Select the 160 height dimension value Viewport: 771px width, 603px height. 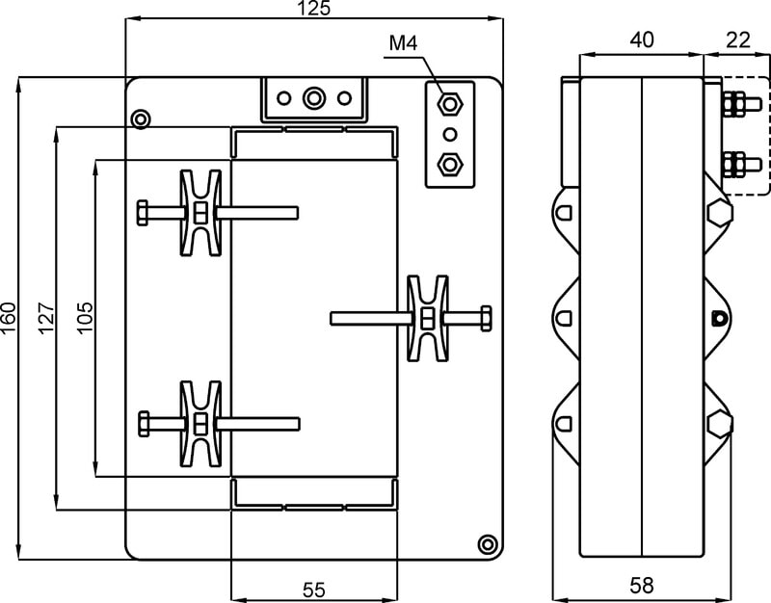tap(9, 318)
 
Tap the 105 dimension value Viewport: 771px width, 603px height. tap(85, 318)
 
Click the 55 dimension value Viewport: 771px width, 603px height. tap(314, 588)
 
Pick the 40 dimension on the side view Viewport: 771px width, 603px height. tap(642, 39)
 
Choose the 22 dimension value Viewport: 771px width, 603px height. tap(737, 39)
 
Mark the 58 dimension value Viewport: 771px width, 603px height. tap(642, 585)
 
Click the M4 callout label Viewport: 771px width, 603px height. tap(403, 43)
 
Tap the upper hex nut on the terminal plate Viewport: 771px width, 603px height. tap(448, 101)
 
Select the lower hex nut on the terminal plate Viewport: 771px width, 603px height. tap(448, 162)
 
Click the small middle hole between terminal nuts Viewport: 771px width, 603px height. tap(448, 132)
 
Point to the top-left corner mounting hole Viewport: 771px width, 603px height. tap(142, 118)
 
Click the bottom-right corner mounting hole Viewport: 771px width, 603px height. tap(488, 543)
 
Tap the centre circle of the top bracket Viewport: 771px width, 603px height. tap(313, 98)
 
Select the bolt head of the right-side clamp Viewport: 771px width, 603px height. tap(485, 317)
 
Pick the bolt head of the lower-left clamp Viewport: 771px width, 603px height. tap(144, 423)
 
